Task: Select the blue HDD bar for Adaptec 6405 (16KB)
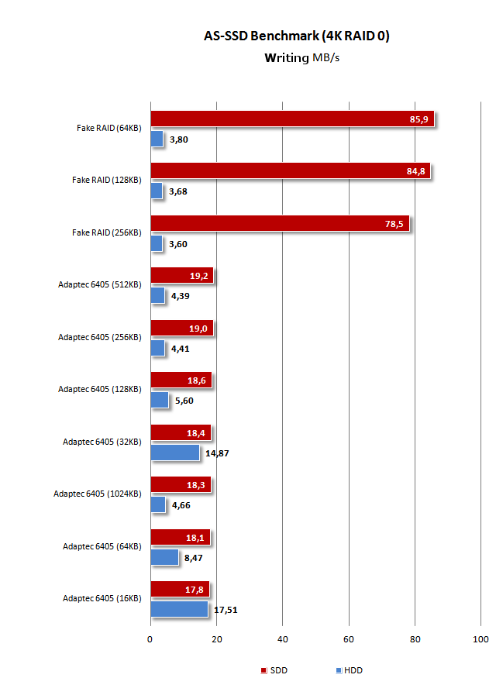point(179,609)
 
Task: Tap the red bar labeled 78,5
point(279,224)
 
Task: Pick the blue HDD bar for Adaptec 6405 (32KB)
point(175,452)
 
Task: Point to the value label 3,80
point(179,140)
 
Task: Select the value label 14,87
point(218,453)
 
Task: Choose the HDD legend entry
point(349,670)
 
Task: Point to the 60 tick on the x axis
point(349,639)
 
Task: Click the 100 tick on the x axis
point(480,639)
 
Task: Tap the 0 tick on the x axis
point(150,639)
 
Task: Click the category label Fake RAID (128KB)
point(106,180)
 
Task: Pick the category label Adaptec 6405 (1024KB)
point(97,494)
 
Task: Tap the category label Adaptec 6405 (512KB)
point(99,284)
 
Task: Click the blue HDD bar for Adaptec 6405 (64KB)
point(164,556)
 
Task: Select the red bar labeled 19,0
point(181,329)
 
